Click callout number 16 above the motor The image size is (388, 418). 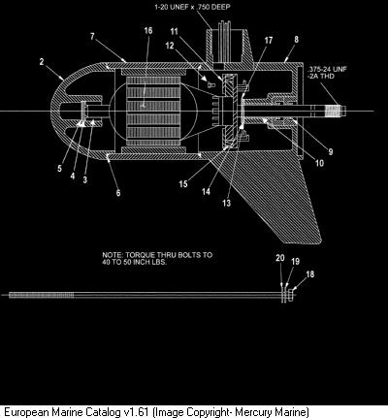[148, 30]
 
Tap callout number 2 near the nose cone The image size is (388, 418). [42, 61]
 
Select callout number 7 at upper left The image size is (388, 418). [92, 36]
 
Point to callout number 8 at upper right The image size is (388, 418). [296, 40]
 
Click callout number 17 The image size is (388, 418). [269, 40]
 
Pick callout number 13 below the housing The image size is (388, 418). [227, 203]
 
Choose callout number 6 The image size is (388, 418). [118, 193]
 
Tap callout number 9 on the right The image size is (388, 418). [331, 151]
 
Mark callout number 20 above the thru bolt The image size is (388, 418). [280, 258]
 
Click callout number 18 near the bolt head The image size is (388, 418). [309, 274]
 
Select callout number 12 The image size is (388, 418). [170, 46]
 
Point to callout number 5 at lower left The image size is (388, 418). [59, 168]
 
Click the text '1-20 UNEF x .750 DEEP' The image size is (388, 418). [192, 7]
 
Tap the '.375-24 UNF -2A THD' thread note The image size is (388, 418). [327, 73]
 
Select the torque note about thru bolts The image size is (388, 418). [157, 258]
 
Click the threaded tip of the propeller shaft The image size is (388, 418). [334, 112]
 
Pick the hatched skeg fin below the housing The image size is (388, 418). [275, 197]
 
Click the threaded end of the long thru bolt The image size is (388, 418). [42, 295]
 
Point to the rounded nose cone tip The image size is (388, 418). [52, 111]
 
